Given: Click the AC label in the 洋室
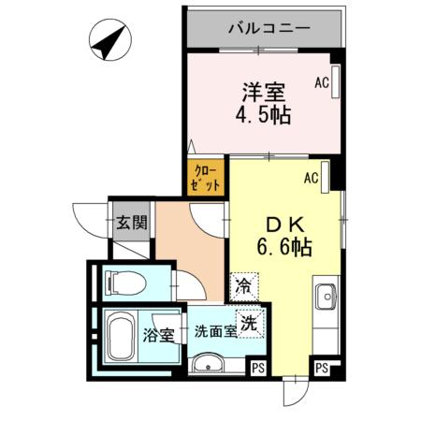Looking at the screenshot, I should click(322, 83).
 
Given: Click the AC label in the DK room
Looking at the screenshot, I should click(312, 176).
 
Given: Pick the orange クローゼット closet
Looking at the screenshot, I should click(206, 177).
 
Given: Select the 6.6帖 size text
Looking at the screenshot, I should click(283, 249).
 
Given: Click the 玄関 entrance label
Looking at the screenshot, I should click(132, 223).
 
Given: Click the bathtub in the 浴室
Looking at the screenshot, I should click(119, 338).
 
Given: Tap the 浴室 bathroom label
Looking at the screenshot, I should click(157, 335).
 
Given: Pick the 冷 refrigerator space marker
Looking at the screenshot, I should click(244, 284).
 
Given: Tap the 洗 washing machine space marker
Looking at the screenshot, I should click(249, 323).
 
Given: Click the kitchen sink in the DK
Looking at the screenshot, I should click(326, 298).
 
